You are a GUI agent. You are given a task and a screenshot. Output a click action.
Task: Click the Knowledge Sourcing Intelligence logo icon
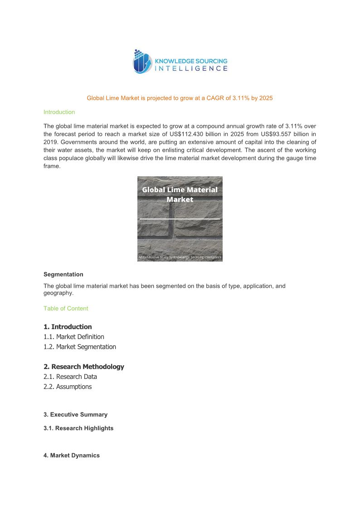(x=141, y=62)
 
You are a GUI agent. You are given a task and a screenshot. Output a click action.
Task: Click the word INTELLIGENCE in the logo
(x=191, y=68)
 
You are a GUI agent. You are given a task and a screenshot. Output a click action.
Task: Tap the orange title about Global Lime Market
(x=180, y=98)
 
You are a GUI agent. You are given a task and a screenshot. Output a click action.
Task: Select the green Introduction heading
(x=59, y=112)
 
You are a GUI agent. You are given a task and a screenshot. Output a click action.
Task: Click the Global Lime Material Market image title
(x=180, y=194)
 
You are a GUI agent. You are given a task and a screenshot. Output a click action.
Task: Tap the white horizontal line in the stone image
(x=180, y=219)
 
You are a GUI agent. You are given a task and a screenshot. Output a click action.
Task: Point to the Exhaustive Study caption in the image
(x=180, y=257)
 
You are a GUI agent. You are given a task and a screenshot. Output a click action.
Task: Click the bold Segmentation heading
(x=63, y=274)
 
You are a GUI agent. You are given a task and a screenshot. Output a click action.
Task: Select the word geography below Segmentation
(x=58, y=293)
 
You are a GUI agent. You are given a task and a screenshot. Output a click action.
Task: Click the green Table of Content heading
(x=66, y=308)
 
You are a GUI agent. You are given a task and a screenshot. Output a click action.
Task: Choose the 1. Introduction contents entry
(x=68, y=327)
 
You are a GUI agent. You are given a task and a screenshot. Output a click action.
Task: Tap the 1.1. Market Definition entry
(x=74, y=337)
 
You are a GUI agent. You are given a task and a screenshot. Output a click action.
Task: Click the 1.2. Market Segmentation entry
(x=80, y=347)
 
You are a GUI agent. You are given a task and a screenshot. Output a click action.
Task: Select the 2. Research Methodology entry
(x=84, y=367)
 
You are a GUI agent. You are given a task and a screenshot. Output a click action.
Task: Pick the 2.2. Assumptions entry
(x=68, y=387)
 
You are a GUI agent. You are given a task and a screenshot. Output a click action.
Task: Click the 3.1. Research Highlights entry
(x=78, y=428)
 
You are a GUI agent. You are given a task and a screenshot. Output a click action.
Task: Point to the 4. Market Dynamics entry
(x=72, y=455)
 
